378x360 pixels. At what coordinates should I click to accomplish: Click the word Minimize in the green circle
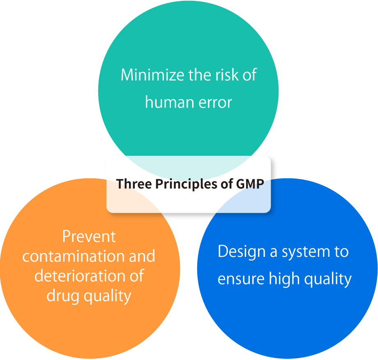152,75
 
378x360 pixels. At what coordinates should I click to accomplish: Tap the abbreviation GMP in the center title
250,184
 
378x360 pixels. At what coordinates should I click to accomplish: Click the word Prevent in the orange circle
89,236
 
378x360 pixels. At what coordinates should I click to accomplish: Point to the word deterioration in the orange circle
80,276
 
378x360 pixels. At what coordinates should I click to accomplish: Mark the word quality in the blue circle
328,279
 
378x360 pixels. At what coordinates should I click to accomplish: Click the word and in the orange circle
142,256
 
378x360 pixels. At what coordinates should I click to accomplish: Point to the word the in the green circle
200,75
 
